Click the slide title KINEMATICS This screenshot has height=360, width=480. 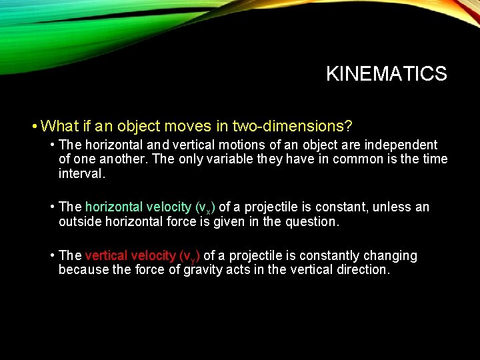point(386,73)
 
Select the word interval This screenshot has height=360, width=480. point(81,173)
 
